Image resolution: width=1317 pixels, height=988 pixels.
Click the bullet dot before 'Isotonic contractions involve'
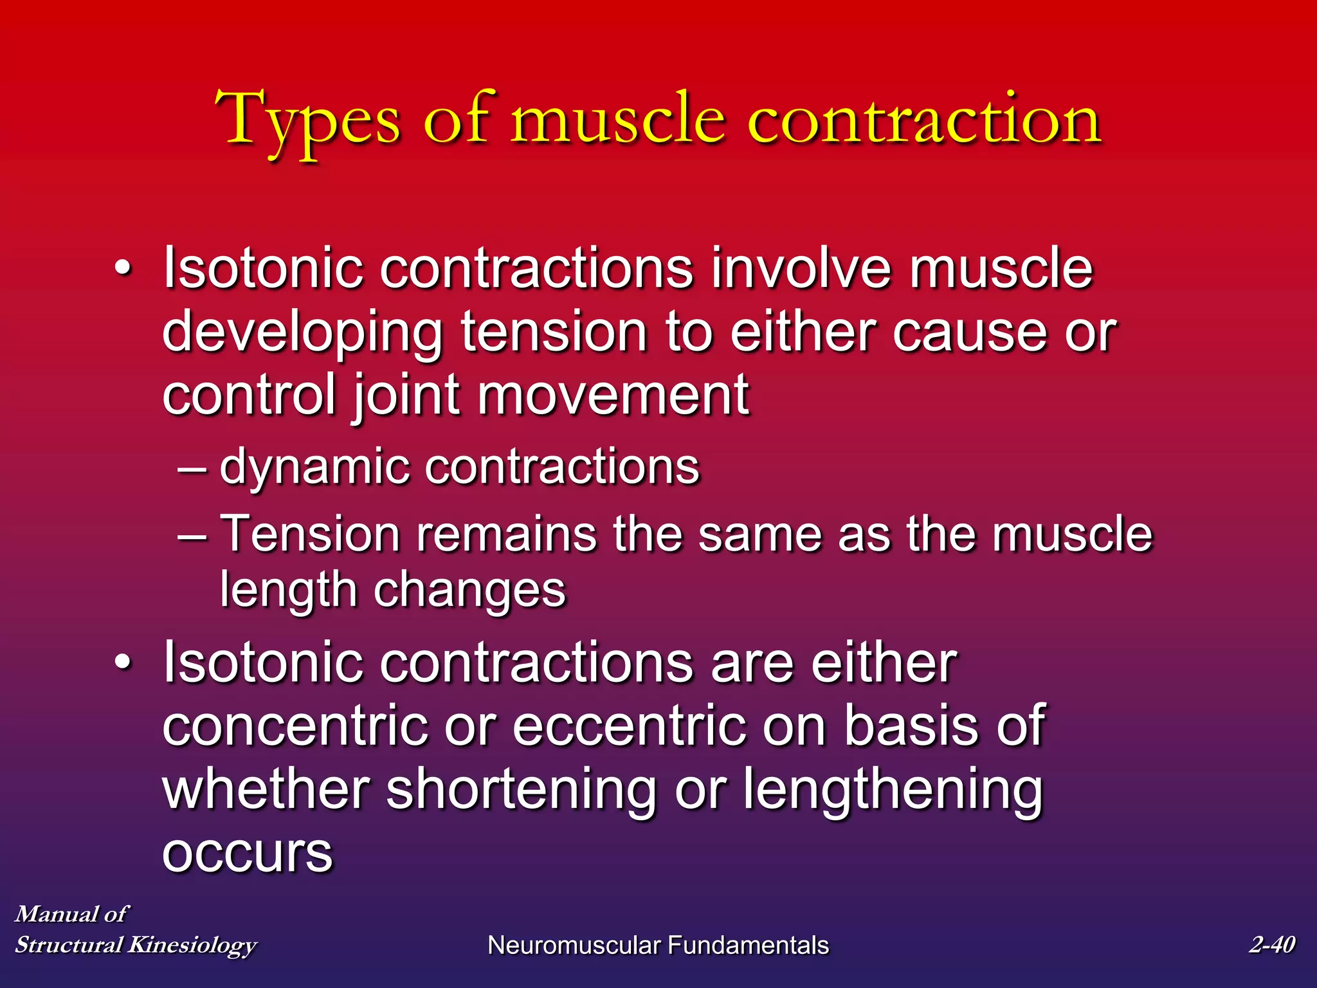click(x=122, y=268)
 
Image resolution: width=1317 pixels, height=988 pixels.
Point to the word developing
click(x=302, y=333)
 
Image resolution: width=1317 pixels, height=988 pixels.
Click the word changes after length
click(x=469, y=590)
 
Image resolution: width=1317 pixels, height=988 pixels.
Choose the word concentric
click(x=295, y=726)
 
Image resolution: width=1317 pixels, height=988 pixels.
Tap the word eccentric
click(x=629, y=726)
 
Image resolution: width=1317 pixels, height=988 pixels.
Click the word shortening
click(x=521, y=790)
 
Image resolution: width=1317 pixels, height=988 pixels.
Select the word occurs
click(x=248, y=852)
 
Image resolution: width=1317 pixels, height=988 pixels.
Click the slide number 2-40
click(x=1271, y=944)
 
